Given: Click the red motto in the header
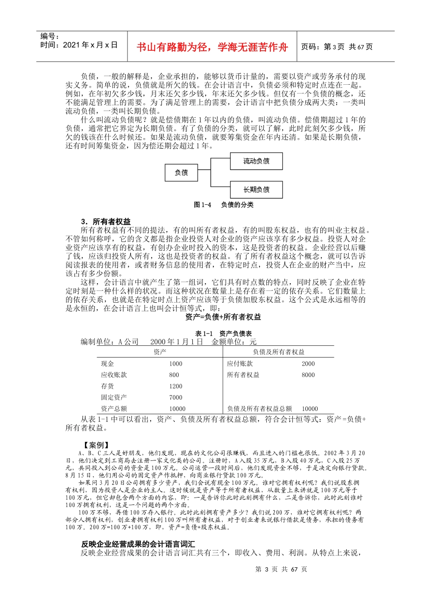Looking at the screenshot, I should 212,47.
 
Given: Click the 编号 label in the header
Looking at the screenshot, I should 49,36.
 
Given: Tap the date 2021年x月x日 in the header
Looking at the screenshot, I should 79,45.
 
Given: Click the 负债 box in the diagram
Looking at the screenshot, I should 181,173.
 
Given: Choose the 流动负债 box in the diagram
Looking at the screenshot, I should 256,161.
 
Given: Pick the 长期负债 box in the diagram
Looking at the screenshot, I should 256,189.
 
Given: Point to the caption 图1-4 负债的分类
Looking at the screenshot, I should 223,205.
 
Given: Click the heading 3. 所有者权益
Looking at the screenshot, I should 106,222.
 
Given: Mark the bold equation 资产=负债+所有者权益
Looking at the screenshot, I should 223,317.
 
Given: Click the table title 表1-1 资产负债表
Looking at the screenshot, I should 223,333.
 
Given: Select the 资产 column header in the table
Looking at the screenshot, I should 160,352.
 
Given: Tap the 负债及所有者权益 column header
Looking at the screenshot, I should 279,352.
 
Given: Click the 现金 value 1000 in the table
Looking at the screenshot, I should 176,364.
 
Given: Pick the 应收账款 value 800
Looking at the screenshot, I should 174,375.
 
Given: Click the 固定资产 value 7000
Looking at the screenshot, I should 176,397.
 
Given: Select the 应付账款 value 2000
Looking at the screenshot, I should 308,364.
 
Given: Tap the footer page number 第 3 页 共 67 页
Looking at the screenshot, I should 281,569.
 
